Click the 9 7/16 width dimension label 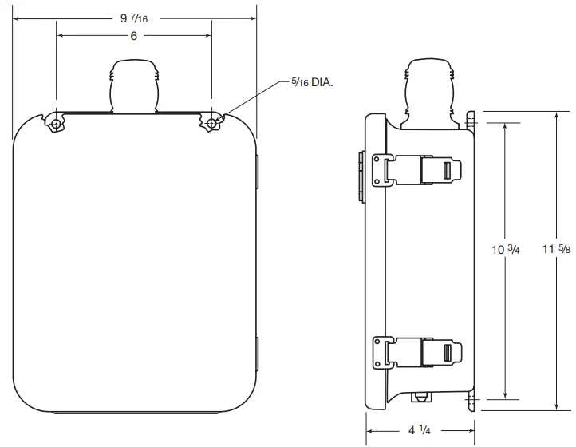point(134,18)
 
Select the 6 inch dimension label point(134,36)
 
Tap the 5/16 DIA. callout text point(308,81)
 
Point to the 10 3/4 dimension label point(505,250)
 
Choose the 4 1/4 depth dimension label point(417,430)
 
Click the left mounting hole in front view point(56,123)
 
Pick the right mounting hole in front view point(211,123)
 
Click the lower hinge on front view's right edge point(257,353)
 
